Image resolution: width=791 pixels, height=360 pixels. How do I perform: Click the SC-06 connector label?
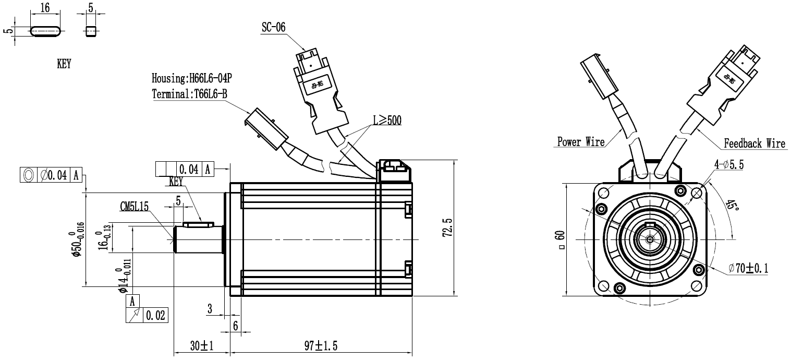[273, 28]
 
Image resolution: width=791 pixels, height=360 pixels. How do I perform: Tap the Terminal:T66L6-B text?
[189, 94]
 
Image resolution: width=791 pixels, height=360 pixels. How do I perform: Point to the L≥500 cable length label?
[386, 121]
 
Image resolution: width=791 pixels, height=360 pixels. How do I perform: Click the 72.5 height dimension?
[447, 227]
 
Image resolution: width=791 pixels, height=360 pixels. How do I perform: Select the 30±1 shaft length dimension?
[201, 345]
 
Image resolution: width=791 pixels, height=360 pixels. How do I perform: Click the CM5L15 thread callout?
[135, 207]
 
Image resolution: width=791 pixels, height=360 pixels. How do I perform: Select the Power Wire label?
[581, 141]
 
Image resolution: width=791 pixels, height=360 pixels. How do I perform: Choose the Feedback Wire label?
[755, 143]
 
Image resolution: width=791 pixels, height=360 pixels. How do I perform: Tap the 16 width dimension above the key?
[45, 8]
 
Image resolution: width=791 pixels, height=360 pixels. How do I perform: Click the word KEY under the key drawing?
[64, 65]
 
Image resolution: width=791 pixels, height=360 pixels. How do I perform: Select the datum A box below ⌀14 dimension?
[133, 301]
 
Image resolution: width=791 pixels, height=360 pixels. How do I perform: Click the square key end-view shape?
[91, 31]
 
